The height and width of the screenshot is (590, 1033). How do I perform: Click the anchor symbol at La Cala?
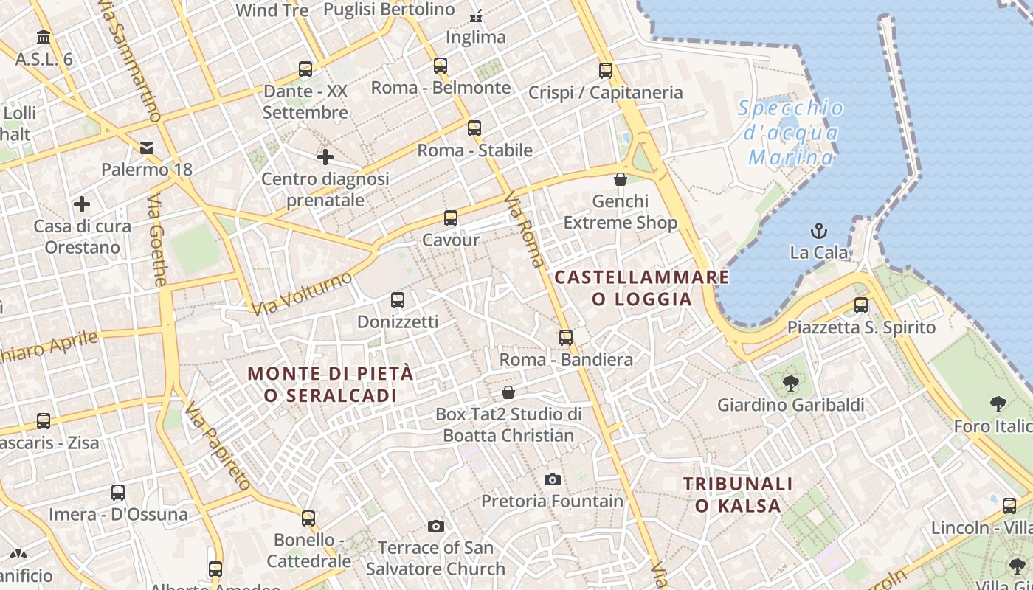click(x=818, y=231)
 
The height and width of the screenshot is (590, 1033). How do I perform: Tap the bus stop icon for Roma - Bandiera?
click(x=566, y=338)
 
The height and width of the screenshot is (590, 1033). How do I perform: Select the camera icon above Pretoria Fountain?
click(x=552, y=480)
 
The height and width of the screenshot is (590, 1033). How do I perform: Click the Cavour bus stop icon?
click(x=450, y=218)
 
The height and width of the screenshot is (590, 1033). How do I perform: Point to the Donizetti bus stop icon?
click(x=398, y=300)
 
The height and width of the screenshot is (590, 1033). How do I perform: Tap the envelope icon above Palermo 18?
click(x=147, y=148)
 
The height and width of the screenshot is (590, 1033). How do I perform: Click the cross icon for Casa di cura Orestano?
click(x=82, y=204)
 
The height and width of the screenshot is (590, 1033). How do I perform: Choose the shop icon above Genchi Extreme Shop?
click(x=621, y=179)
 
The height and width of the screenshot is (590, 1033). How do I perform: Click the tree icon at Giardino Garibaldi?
click(x=790, y=383)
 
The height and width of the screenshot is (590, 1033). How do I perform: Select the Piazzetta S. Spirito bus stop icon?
click(x=860, y=305)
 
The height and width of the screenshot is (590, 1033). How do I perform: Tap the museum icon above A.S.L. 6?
click(x=44, y=37)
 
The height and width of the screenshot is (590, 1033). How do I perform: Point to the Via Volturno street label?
click(x=302, y=294)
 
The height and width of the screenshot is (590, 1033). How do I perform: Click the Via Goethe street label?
click(x=158, y=240)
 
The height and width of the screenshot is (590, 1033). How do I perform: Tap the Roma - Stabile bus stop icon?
click(x=474, y=128)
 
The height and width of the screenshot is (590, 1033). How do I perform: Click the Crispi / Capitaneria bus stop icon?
click(x=606, y=71)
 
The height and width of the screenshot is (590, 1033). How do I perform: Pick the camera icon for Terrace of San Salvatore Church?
click(x=436, y=526)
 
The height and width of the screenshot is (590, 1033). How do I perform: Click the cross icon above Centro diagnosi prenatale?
click(x=325, y=157)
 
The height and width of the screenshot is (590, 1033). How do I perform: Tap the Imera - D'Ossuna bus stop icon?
click(x=118, y=493)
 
